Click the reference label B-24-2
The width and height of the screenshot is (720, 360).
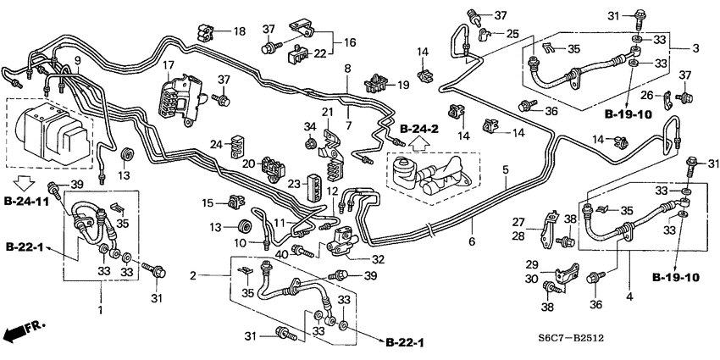419,129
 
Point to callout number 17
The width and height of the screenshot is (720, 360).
169,65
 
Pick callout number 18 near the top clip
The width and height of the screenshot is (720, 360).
240,32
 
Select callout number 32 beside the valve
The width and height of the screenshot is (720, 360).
378,260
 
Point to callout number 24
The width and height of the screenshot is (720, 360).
216,143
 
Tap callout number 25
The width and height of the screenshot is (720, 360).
512,33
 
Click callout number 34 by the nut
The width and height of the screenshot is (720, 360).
308,127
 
